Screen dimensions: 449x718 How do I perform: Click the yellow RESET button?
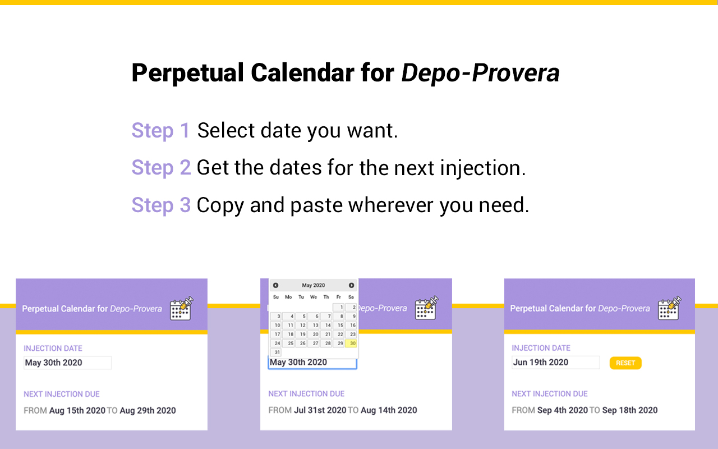pos(625,363)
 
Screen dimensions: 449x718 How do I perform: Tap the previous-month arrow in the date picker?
pos(275,286)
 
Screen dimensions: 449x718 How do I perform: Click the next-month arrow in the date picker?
pos(352,286)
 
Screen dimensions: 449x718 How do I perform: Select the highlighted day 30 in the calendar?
pos(351,343)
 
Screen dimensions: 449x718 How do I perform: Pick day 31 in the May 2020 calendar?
pos(277,352)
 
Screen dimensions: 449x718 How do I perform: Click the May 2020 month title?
pos(313,286)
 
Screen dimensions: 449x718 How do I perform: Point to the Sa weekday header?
pos(351,297)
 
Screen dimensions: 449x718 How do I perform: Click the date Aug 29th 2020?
pos(148,410)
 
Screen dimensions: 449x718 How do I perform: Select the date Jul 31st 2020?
pos(320,410)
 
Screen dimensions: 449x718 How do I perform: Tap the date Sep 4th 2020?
pos(563,410)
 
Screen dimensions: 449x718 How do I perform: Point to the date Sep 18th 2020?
pos(629,410)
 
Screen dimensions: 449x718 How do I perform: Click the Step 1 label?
pos(161,130)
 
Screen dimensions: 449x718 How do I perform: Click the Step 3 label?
pos(161,205)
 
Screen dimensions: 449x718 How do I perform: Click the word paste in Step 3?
pos(316,205)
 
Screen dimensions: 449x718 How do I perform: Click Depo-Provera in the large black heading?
pos(480,73)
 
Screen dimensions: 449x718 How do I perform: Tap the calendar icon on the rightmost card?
pos(669,308)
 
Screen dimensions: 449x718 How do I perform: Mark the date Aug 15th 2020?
pos(77,410)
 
